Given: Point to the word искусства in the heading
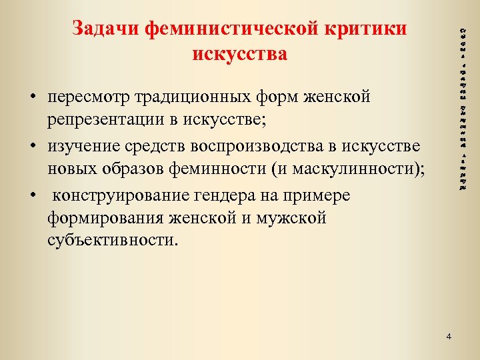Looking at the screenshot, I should tap(240, 53).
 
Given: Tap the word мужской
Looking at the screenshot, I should tap(296, 219).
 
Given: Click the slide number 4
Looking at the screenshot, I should tap(449, 336).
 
